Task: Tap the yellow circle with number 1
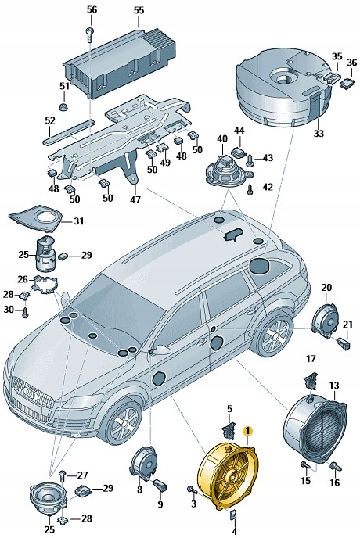(x=249, y=431)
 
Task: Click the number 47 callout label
(x=135, y=199)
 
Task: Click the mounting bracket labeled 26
(x=48, y=283)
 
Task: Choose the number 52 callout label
(x=49, y=121)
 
